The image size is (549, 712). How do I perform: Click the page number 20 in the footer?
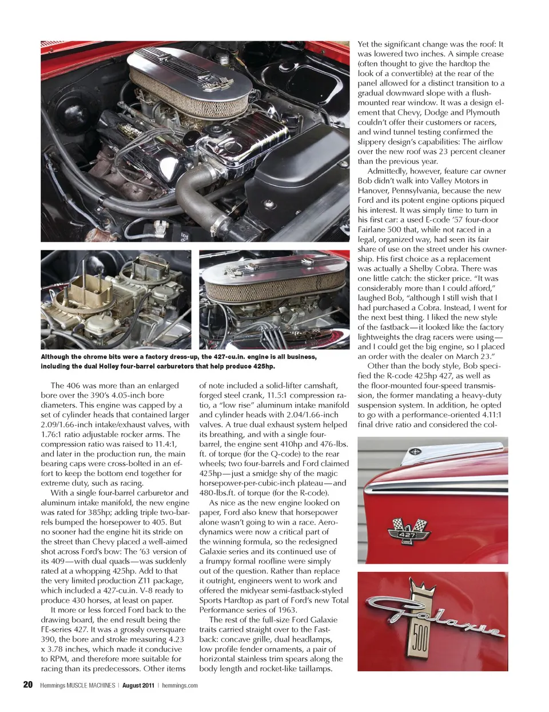coord(27,685)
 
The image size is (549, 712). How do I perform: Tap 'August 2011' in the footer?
coord(138,685)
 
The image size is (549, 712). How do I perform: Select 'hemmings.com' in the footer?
coord(180,685)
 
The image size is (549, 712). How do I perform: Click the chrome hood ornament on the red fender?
coord(429,454)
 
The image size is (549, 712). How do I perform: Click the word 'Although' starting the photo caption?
coord(54,357)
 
